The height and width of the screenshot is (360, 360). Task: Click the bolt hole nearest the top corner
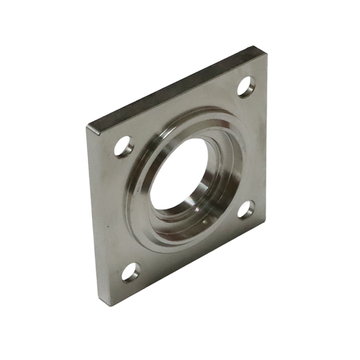(246, 86)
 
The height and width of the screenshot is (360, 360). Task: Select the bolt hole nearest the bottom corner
(131, 272)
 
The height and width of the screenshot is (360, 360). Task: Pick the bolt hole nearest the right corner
(246, 209)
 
